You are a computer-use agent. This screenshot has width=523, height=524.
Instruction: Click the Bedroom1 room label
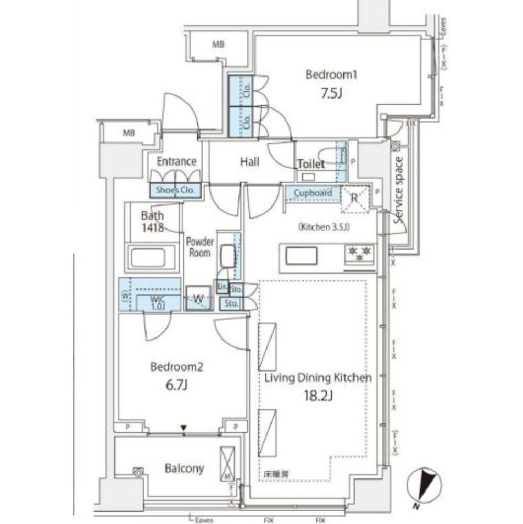(331, 75)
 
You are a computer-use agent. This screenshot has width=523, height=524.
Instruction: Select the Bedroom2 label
(169, 367)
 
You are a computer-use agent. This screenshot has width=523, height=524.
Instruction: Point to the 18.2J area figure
(317, 396)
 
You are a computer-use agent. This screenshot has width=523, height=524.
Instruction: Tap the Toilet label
(311, 164)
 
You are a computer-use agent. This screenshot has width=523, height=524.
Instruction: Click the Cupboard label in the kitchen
(313, 193)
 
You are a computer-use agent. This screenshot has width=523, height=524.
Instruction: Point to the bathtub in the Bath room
(154, 258)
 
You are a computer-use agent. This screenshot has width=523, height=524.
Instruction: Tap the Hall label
(250, 162)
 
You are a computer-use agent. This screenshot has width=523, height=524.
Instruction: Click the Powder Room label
(199, 247)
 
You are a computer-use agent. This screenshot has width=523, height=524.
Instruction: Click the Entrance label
(177, 161)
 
